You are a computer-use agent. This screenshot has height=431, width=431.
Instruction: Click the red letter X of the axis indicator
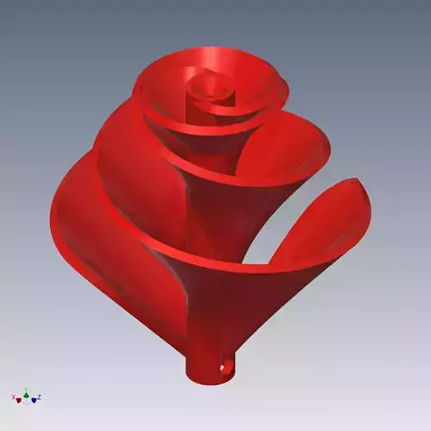(13, 397)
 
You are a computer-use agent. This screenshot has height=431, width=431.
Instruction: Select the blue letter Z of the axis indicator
(40, 397)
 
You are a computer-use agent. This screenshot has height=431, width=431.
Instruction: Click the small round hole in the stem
(228, 367)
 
